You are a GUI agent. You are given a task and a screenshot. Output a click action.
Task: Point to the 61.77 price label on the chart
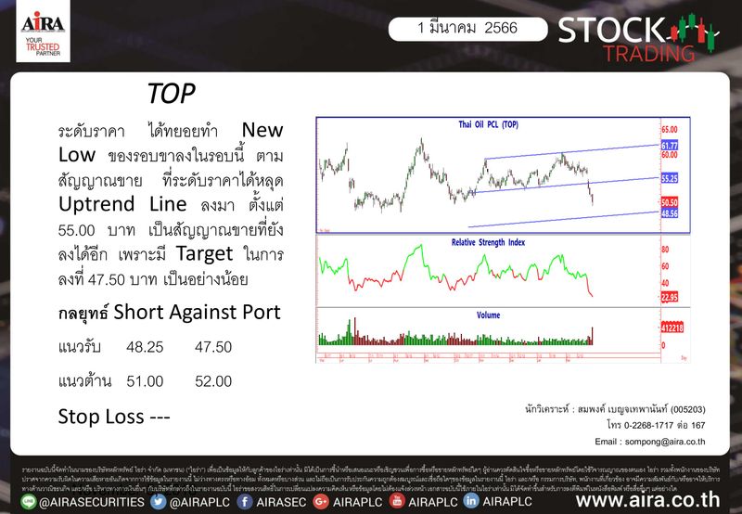670,146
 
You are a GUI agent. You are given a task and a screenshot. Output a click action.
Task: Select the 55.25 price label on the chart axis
670,177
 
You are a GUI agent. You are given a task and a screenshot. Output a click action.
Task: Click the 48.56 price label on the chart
670,213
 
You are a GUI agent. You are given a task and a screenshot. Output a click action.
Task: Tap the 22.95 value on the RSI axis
670,297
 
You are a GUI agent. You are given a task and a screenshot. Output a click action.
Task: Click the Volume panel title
489,315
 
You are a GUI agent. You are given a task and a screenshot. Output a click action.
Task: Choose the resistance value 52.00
213,380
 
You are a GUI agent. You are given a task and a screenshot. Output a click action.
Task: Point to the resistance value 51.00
146,380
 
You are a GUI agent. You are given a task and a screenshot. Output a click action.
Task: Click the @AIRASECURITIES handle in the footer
83,501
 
